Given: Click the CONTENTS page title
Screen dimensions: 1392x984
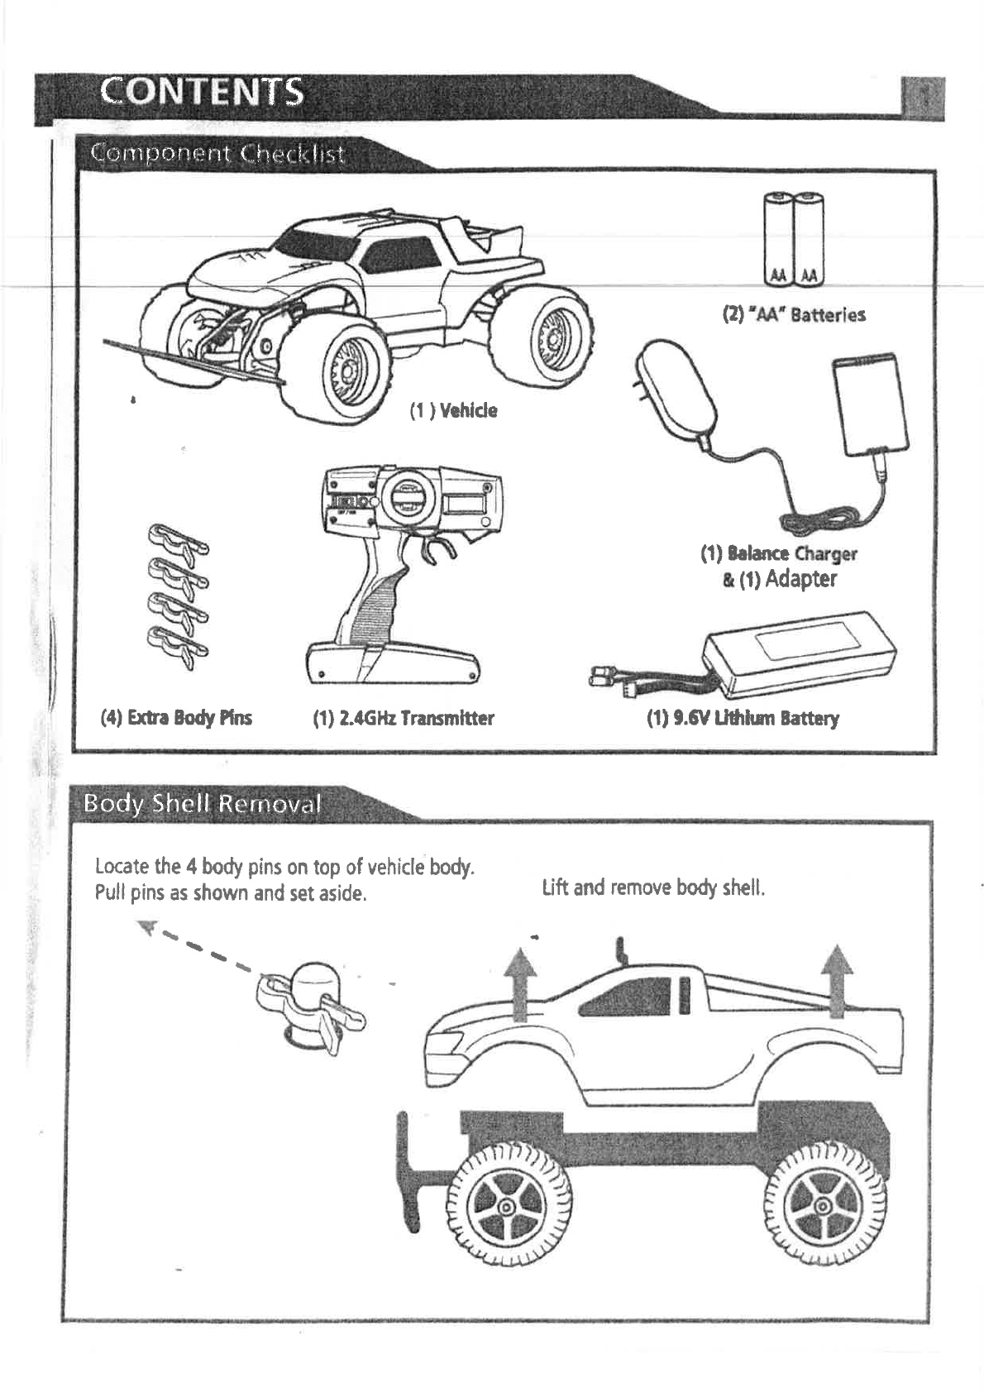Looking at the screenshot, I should (202, 92).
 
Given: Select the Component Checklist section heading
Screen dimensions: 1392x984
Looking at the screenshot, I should (217, 154).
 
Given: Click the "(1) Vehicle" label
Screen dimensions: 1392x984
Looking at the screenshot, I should (454, 410).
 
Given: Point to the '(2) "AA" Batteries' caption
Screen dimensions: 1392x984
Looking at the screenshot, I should (794, 314).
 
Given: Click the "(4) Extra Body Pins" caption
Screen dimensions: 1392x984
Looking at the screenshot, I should (176, 717).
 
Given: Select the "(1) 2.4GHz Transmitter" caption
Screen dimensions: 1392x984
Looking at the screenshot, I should (404, 718).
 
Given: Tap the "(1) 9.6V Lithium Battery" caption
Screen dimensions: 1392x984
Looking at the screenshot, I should (743, 718).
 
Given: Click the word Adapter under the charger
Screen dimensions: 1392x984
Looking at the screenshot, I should (800, 578).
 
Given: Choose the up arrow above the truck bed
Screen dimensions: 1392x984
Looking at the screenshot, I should (838, 979).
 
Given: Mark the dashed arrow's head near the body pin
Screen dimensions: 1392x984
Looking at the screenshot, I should (150, 927).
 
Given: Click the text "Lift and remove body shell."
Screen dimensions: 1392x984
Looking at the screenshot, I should (653, 888).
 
